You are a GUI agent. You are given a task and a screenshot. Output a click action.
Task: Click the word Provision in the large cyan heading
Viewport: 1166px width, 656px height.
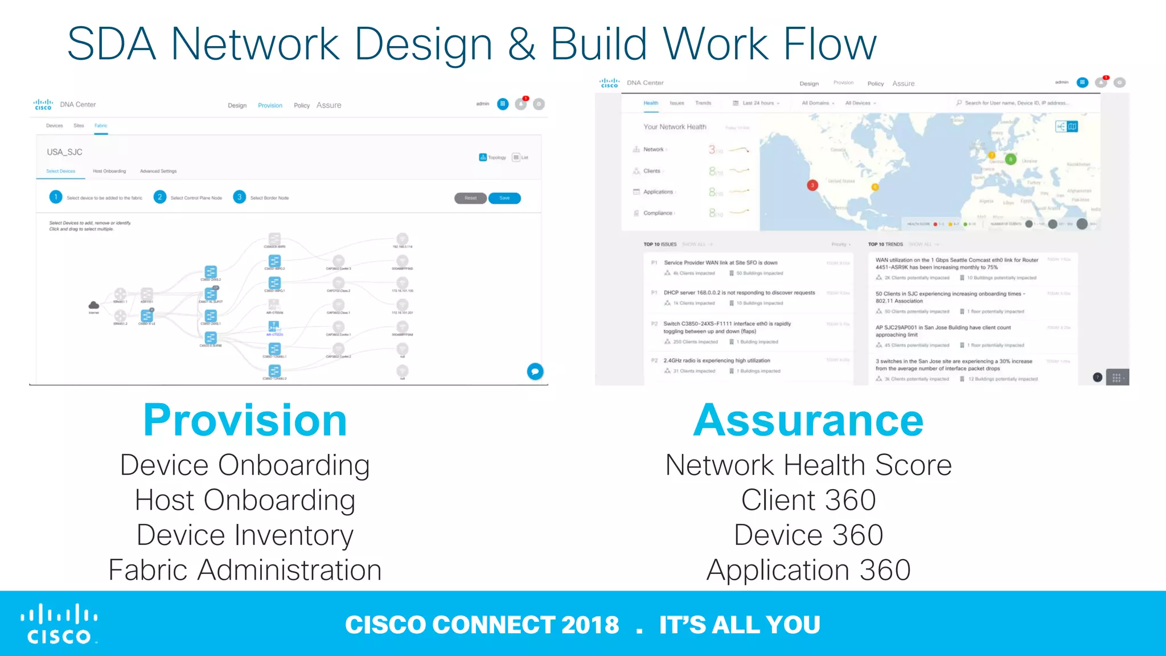tap(245, 421)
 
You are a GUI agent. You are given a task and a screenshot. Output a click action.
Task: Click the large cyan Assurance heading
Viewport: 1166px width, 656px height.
tap(808, 421)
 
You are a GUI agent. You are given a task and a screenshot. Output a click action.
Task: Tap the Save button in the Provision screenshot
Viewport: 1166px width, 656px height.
tap(504, 198)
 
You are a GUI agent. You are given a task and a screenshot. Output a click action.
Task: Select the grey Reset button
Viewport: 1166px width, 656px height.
tap(470, 198)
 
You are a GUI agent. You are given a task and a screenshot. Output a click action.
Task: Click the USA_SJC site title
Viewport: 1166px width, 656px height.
tap(64, 152)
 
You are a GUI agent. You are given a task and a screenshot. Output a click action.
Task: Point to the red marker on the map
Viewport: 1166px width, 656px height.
tap(812, 184)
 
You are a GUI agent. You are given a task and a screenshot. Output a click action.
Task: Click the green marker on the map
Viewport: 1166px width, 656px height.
tap(1011, 159)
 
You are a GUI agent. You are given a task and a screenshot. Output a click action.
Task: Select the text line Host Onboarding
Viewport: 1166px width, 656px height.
tap(245, 501)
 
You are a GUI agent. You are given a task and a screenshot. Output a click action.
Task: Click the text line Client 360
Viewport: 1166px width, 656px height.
tap(808, 501)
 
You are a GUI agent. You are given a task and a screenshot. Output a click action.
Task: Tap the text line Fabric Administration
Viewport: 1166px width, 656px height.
tap(245, 570)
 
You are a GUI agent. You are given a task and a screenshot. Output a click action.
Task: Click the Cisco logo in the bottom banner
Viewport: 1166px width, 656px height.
tap(59, 624)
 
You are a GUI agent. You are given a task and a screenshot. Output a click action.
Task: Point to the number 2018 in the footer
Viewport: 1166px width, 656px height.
tap(590, 625)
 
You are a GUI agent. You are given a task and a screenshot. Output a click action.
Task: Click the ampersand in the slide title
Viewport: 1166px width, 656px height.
tap(521, 44)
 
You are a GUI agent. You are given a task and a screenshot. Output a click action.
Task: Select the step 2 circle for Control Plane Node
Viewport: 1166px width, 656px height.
tap(160, 197)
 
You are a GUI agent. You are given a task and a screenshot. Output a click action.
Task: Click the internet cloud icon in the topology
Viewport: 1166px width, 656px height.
tap(94, 305)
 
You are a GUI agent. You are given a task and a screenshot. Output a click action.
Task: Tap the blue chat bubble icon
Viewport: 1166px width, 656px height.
tap(535, 371)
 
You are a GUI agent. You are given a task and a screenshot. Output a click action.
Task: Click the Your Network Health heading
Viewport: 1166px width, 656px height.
tap(675, 127)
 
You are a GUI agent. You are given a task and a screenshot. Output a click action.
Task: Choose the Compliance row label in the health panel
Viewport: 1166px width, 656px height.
tap(658, 213)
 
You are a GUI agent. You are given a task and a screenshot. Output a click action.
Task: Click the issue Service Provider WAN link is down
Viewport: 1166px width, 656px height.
tap(720, 263)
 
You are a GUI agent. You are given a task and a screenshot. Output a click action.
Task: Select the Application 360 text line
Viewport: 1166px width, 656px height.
tap(808, 570)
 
